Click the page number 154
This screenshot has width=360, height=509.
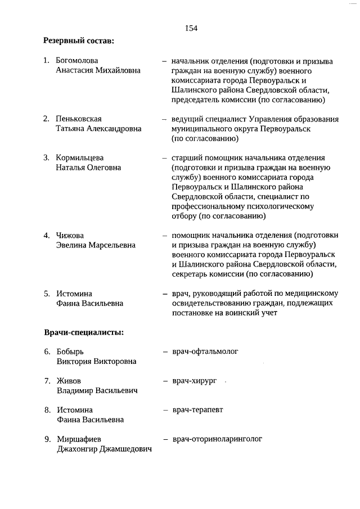click(x=190, y=28)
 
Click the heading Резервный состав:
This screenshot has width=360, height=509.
click(x=79, y=40)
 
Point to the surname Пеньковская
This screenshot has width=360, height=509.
click(x=79, y=119)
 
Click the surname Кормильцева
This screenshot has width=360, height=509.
click(x=79, y=157)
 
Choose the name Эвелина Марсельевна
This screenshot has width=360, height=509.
click(x=96, y=245)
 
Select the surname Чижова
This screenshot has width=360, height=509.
click(x=69, y=235)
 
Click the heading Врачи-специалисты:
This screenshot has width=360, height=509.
click(x=84, y=332)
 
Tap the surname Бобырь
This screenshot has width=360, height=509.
click(x=70, y=352)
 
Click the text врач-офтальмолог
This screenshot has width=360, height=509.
click(x=205, y=352)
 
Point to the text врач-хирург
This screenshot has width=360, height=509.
click(x=194, y=381)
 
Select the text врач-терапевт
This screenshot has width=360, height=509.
click(x=197, y=410)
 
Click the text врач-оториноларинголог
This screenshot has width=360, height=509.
click(x=217, y=439)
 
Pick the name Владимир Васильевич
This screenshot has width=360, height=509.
click(x=97, y=390)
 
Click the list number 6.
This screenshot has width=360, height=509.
click(x=47, y=352)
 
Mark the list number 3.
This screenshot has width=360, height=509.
click(x=47, y=157)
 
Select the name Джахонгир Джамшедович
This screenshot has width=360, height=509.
click(x=105, y=449)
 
